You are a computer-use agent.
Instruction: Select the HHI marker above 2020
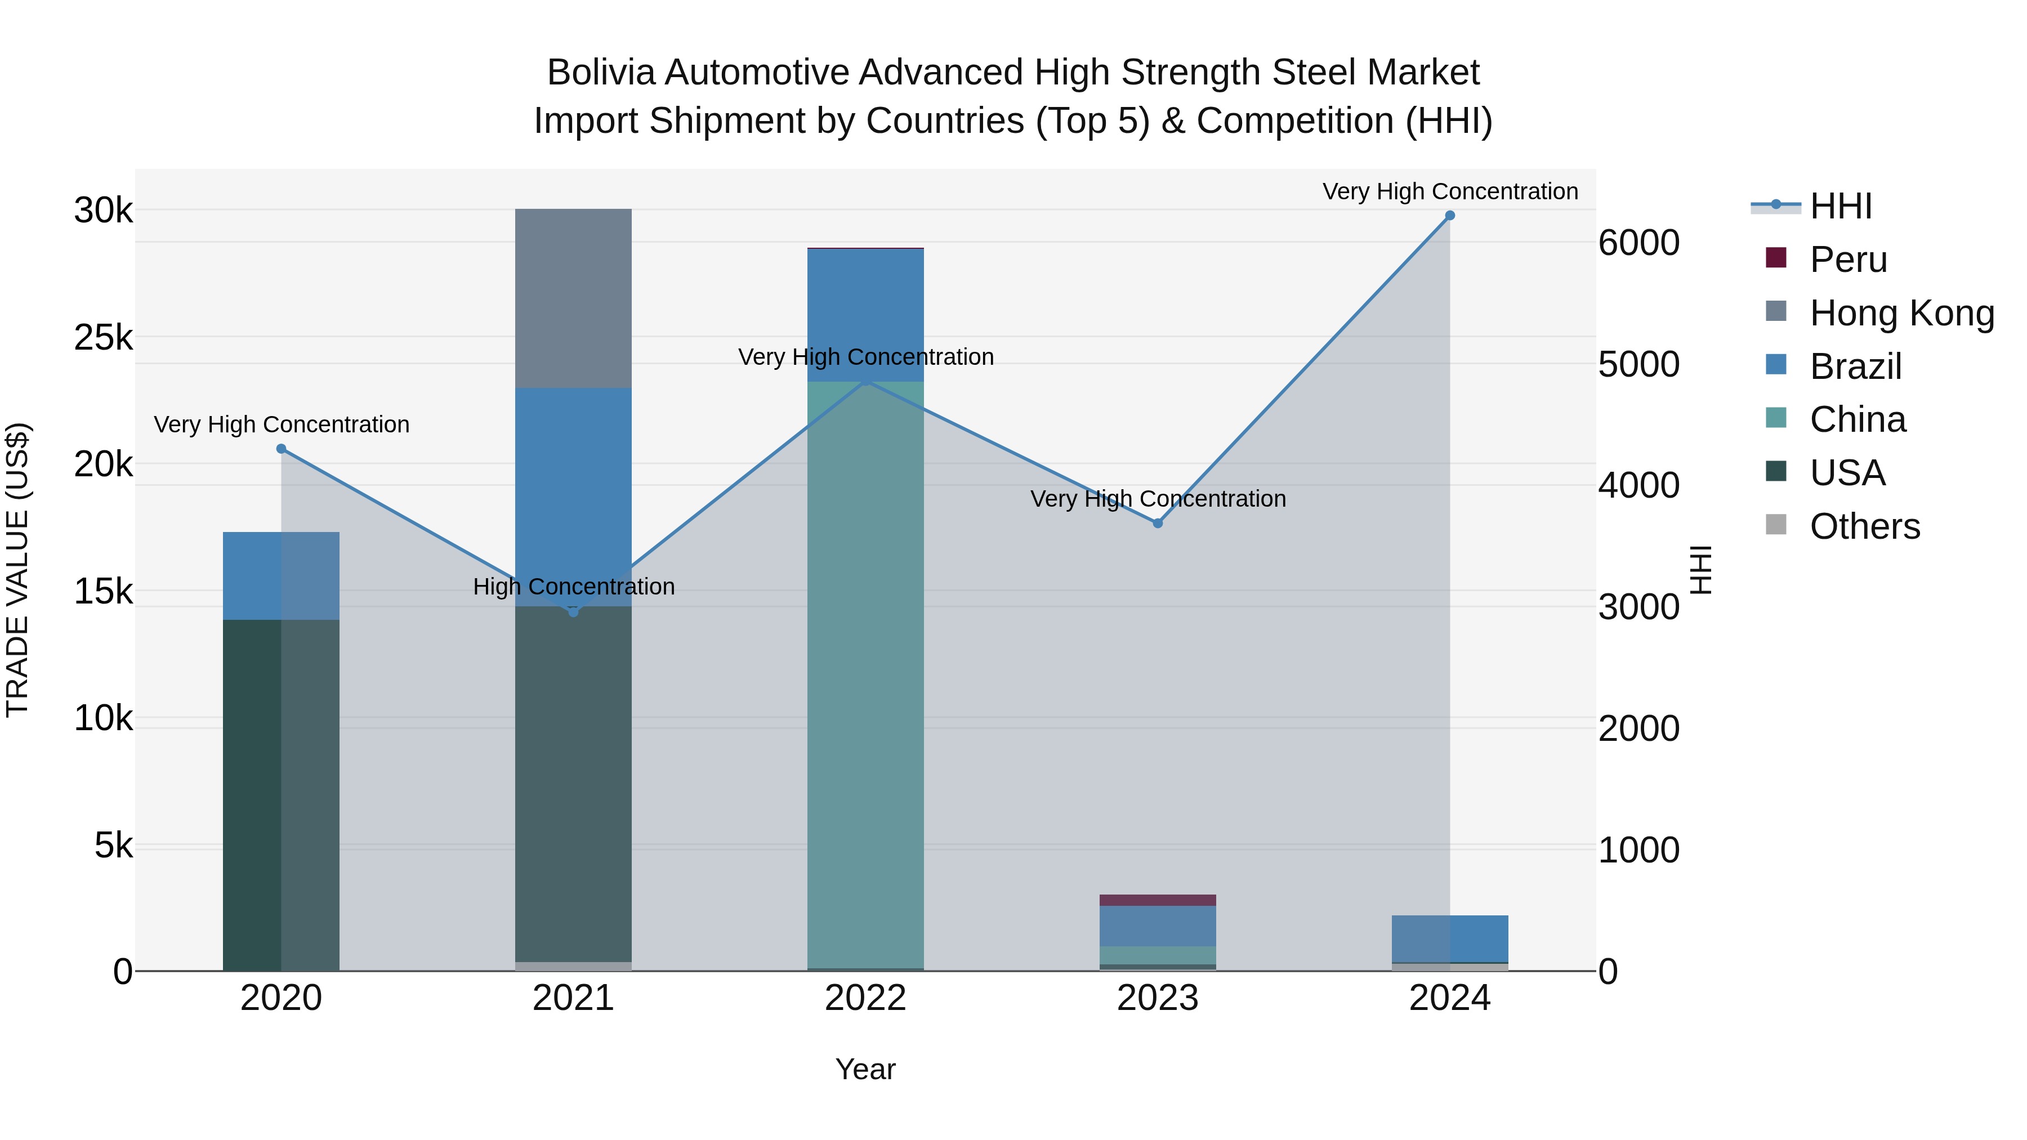coord(281,449)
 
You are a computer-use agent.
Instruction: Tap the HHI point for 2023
coord(1158,523)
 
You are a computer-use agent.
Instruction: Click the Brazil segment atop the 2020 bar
coord(281,576)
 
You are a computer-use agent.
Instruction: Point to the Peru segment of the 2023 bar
coord(1158,900)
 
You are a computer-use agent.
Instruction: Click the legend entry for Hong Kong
coord(1901,313)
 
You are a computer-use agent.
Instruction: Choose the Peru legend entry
coord(1847,260)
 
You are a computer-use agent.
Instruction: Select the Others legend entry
coord(1864,526)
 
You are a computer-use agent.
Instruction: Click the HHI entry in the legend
coord(1841,206)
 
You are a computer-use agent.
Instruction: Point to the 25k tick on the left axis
coord(103,338)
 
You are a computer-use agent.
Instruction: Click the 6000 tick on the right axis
coord(1639,243)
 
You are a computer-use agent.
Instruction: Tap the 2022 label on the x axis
coord(865,998)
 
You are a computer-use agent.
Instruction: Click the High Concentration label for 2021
coord(574,587)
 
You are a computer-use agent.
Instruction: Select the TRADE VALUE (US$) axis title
coord(17,570)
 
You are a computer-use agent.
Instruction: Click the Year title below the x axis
coord(865,1069)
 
